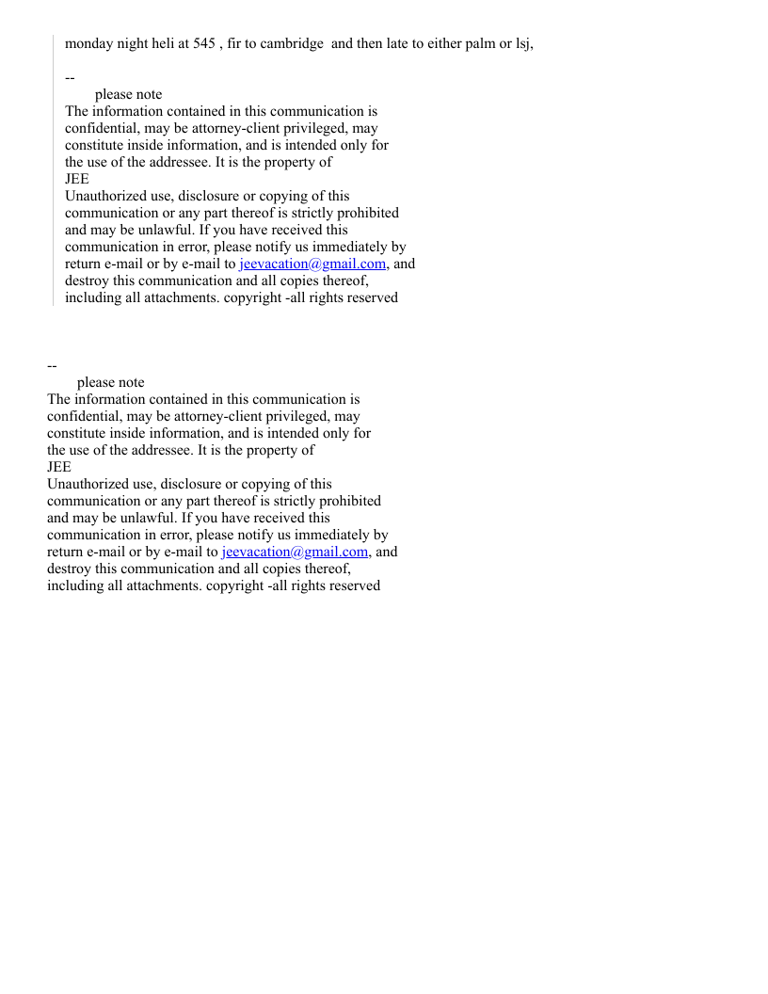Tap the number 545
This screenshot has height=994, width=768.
click(x=204, y=44)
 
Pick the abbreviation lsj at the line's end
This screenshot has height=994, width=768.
click(x=523, y=44)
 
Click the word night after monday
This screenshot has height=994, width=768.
click(x=134, y=44)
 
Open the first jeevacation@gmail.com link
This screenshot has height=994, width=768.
click(x=312, y=264)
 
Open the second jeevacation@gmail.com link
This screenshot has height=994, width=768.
click(x=295, y=552)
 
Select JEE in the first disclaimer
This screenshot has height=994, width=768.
click(x=77, y=179)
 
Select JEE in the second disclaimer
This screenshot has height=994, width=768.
click(x=59, y=467)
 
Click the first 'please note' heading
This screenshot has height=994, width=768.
click(x=128, y=94)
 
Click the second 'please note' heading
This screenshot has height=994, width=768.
click(x=110, y=382)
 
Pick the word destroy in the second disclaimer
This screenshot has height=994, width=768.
click(x=69, y=569)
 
